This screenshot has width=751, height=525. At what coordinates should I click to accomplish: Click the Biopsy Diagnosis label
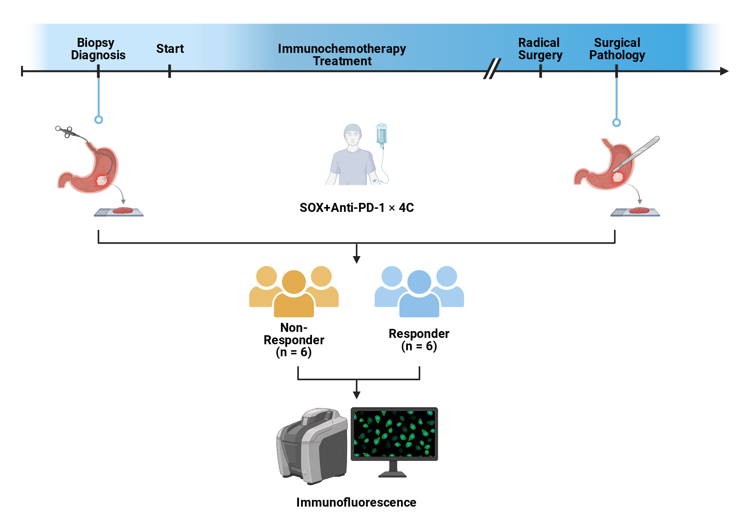click(x=98, y=49)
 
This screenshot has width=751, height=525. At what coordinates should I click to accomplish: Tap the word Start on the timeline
click(x=170, y=49)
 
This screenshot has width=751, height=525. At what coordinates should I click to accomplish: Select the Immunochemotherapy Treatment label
click(x=342, y=55)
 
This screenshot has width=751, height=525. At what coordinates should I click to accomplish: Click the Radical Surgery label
click(x=540, y=49)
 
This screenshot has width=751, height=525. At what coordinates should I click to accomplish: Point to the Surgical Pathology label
click(x=617, y=49)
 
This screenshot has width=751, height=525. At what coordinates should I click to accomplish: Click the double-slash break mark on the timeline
click(x=492, y=69)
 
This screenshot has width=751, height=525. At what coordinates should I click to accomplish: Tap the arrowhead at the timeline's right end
click(x=724, y=71)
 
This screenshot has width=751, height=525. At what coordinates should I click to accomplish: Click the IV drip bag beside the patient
click(x=382, y=134)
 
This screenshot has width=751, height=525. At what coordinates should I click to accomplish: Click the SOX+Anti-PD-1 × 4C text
click(x=357, y=207)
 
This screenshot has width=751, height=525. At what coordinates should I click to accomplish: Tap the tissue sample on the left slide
click(x=122, y=210)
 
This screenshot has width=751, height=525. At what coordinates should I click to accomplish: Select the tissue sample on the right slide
click(x=639, y=210)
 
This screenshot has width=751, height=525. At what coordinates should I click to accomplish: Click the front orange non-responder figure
click(x=294, y=294)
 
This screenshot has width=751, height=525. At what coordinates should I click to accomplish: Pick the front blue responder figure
click(x=419, y=294)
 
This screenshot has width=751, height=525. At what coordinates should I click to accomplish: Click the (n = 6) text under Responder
click(x=419, y=346)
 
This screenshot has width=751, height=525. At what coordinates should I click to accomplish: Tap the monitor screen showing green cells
click(x=394, y=433)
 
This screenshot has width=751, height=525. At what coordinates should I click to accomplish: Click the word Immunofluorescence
click(x=356, y=502)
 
